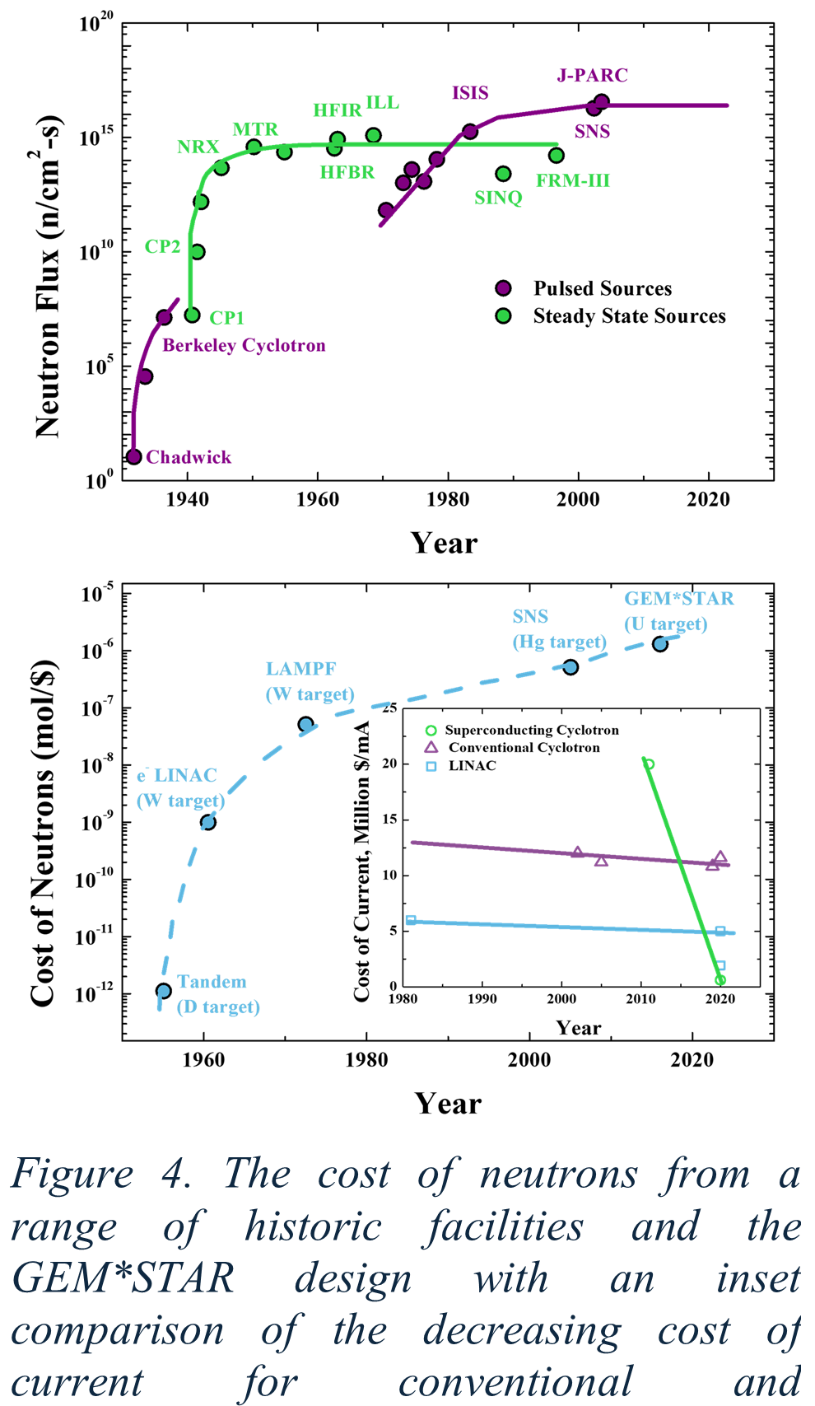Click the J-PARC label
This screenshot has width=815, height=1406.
point(593,76)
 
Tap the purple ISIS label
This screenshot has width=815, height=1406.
point(470,93)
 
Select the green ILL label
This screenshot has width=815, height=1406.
point(382,103)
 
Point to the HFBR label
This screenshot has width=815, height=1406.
point(347,172)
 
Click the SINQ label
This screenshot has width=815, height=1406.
point(498,198)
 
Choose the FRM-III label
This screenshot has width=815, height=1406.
point(573,180)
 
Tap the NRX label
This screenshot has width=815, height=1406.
point(198,147)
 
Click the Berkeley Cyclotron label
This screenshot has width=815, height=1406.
point(244,345)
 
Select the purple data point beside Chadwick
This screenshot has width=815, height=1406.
point(134,456)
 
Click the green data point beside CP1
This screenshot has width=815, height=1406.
point(192,315)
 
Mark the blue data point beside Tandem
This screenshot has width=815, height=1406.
point(164,991)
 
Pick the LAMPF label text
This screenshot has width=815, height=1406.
point(300,669)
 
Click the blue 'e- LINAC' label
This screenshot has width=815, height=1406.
point(177,776)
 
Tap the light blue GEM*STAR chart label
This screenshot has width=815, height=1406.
point(678,599)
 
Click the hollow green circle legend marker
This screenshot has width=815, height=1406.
point(431,731)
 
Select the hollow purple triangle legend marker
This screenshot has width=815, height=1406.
point(431,748)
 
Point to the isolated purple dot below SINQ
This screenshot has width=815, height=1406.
point(503,288)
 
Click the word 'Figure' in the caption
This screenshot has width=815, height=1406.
point(72,1174)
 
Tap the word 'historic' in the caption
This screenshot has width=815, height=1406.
point(313,1226)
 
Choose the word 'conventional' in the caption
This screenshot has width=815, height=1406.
point(515,1381)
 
